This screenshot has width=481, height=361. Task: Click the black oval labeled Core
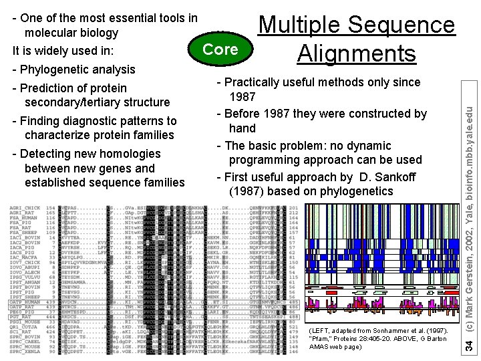[x=220, y=49]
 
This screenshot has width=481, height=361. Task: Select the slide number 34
[x=471, y=345]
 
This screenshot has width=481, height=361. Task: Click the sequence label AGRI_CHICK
[x=25, y=208]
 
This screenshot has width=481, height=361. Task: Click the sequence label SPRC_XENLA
[x=25, y=352]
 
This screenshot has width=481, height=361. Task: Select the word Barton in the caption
[x=437, y=339]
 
